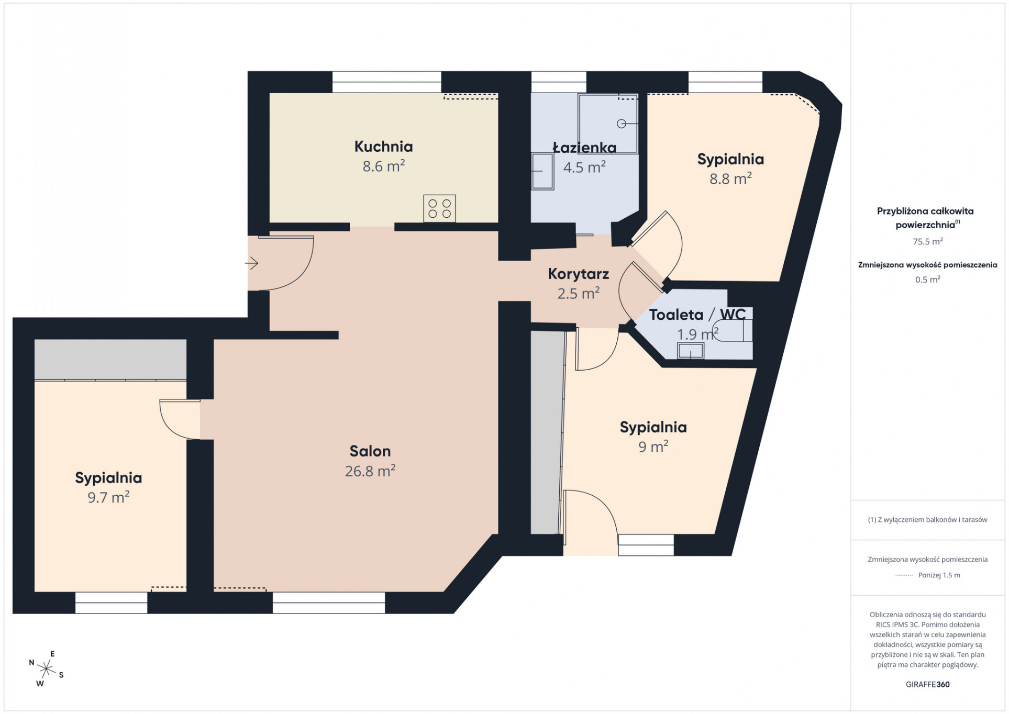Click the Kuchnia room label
click(383, 147)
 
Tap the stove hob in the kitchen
click(439, 208)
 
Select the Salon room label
click(370, 451)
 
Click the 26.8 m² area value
click(370, 471)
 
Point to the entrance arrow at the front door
click(252, 263)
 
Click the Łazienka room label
click(584, 147)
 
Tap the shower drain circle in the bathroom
click(622, 124)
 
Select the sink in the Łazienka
click(542, 171)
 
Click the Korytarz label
click(578, 274)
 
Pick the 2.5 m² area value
click(578, 293)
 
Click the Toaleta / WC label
click(697, 315)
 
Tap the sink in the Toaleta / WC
click(691, 351)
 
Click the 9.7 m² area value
click(108, 497)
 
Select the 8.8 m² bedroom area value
click(730, 178)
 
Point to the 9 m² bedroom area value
click(653, 447)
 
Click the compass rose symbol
click(47, 668)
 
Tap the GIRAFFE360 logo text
click(927, 684)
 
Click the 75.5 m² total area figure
click(927, 241)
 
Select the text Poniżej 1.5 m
click(939, 575)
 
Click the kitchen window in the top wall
click(387, 82)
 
